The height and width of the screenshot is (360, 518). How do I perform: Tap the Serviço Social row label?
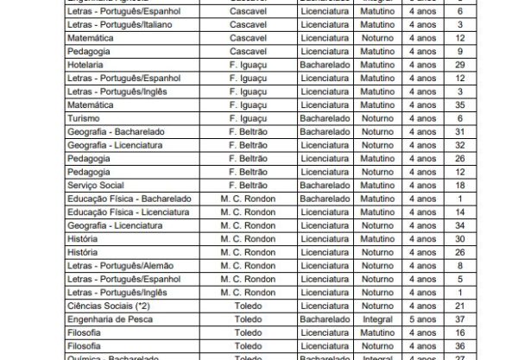[95, 186]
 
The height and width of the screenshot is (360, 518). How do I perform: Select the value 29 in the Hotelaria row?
[483, 66]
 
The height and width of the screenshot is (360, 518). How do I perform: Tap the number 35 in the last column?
[483, 104]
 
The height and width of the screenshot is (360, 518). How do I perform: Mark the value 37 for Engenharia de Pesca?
[483, 319]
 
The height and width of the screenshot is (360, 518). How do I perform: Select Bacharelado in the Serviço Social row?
[325, 186]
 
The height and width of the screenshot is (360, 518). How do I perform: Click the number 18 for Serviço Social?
[483, 186]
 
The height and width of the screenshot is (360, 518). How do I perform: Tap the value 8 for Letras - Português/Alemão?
[483, 266]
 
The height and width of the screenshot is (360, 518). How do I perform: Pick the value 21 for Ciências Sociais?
[483, 306]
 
